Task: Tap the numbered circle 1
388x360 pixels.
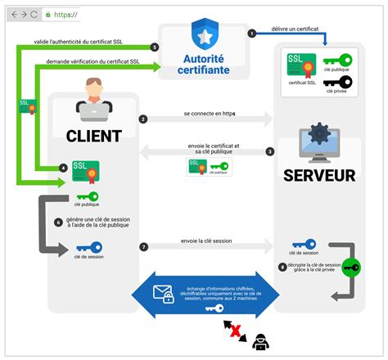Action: (x=252, y=33)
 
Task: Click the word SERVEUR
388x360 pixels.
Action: (x=319, y=175)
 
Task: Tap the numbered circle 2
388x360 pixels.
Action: (x=143, y=119)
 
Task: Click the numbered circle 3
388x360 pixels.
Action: (x=270, y=151)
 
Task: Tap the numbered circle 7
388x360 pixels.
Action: (x=143, y=246)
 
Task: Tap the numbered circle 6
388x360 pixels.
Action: (x=58, y=221)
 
